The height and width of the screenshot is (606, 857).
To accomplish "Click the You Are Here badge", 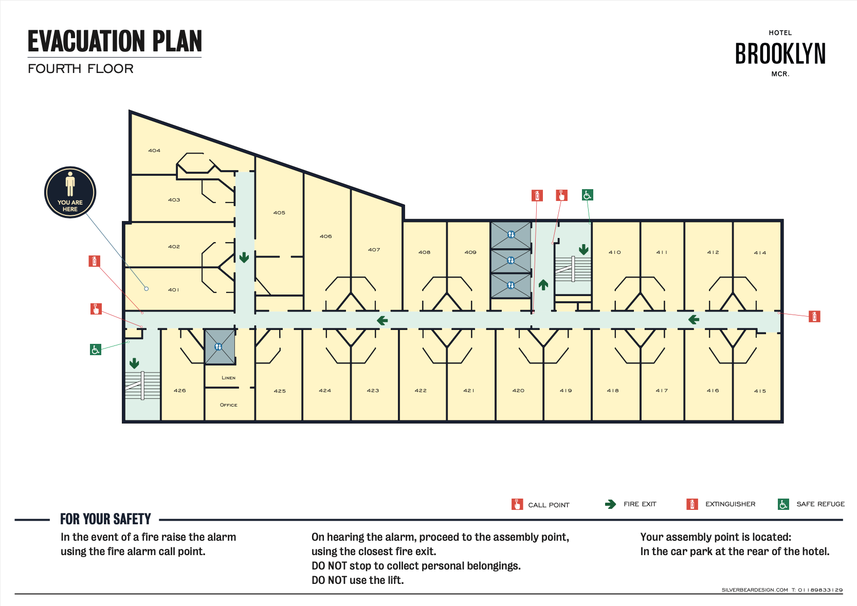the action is [70, 192].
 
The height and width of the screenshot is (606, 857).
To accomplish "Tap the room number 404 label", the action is [154, 151].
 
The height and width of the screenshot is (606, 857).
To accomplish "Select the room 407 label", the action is [374, 250].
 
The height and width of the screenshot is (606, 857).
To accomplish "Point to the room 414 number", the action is [760, 253].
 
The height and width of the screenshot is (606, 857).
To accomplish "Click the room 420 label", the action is [518, 391].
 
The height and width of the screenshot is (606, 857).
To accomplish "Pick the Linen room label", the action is [228, 378].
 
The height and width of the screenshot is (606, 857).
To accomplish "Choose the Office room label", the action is [228, 405].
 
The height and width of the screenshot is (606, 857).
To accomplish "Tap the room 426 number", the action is [180, 391].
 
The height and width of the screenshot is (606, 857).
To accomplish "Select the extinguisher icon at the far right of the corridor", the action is [814, 317].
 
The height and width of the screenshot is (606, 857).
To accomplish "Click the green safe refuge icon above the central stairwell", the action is [587, 195].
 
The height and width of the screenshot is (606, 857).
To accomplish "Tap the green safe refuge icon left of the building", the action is [96, 350].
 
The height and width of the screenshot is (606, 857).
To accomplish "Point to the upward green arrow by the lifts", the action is [543, 285].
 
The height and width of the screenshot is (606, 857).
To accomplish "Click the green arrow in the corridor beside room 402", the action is [244, 257].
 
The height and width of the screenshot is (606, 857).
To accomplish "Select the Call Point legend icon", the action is [517, 504].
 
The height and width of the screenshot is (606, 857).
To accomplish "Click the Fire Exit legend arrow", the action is [611, 504].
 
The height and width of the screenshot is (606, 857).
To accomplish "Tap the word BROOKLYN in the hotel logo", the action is [780, 53].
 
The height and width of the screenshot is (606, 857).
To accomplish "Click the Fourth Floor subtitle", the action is [81, 69].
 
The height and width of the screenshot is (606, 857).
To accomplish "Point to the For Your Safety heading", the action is [105, 519].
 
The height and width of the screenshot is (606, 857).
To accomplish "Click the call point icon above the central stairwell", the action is [561, 195].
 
